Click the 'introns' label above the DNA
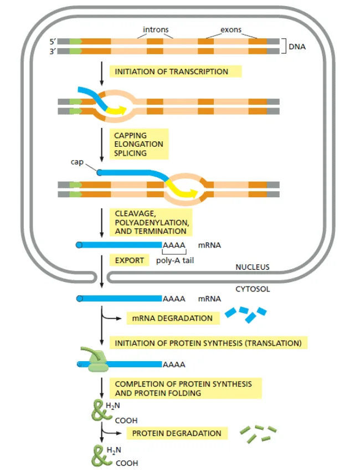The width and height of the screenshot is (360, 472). pos(156,29)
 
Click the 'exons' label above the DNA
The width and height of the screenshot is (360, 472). pos(231,30)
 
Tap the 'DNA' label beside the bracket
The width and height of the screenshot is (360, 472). pos(297,47)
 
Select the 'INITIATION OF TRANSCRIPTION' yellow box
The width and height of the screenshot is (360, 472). pos(176,71)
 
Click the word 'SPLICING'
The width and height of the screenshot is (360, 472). pos(130,153)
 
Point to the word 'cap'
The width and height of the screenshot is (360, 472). pos(77,162)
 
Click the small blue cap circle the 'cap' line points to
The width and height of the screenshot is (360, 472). pos(99,172)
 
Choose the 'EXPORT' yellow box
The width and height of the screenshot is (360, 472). pos(129,260)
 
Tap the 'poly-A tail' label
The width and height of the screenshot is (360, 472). pos(175,260)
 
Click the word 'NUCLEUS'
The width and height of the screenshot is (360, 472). pos(253,267)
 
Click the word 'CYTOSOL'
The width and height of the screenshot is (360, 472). pos(253,289)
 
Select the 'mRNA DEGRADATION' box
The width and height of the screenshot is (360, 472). pos(173,318)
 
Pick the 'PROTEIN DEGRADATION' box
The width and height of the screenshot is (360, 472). pos(177,433)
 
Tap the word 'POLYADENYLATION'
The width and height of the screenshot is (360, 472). pos(152,223)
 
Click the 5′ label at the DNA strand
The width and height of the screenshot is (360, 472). pos(53,42)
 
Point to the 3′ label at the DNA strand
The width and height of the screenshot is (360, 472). pos(53,51)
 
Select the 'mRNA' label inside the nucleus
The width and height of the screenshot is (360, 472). pos(209,245)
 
